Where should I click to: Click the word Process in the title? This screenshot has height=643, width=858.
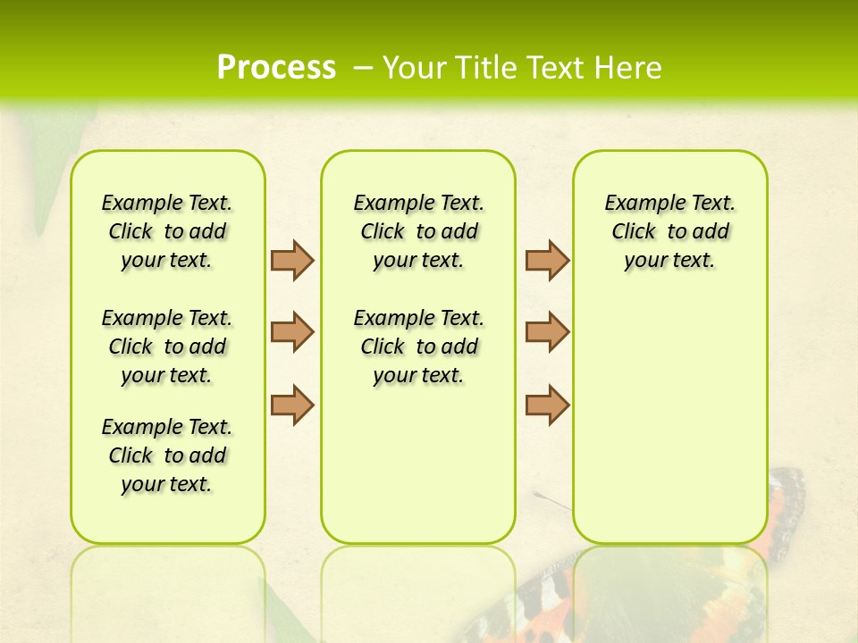point(276,68)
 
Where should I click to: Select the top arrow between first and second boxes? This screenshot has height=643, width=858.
point(292,260)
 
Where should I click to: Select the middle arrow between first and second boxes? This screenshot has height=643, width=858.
point(292,332)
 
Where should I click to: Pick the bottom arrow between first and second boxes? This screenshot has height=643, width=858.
point(292,405)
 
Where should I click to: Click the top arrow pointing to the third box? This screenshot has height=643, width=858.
point(547,260)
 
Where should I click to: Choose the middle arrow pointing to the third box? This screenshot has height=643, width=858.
point(547,332)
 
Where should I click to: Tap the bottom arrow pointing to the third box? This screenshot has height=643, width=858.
point(547,405)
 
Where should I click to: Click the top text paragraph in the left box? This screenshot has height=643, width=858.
point(167,231)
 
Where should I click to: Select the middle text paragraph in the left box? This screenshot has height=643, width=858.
point(167,347)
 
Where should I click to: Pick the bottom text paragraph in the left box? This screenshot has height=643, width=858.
point(167,455)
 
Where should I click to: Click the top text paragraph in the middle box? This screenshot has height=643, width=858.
point(418,231)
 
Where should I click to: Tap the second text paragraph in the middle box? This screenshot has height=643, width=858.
point(418,347)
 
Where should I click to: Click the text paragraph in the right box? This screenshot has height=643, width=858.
point(669,231)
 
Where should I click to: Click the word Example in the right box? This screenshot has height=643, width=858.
point(635,204)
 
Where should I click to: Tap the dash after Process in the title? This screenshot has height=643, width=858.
point(363,68)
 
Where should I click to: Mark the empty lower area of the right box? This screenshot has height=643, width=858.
point(669,420)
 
